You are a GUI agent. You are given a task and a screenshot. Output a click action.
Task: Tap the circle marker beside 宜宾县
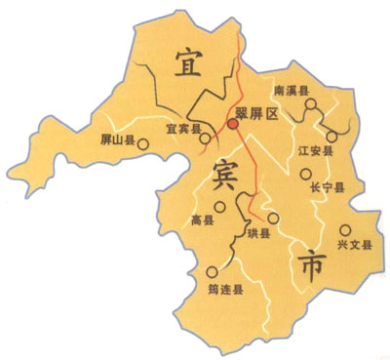205,139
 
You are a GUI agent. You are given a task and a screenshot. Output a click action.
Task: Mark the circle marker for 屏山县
144,146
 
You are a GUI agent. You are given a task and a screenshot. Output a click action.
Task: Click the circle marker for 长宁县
306,175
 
